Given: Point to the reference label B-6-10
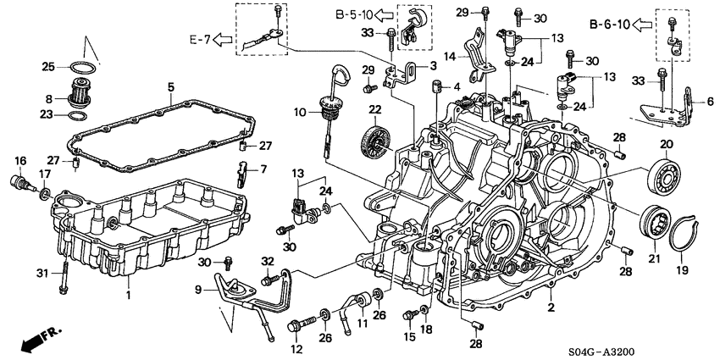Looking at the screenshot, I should click(x=611, y=24).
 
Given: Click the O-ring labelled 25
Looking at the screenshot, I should click(x=81, y=67).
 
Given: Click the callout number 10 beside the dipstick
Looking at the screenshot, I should click(x=300, y=112).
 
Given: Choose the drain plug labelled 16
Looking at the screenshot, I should click(x=18, y=180).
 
